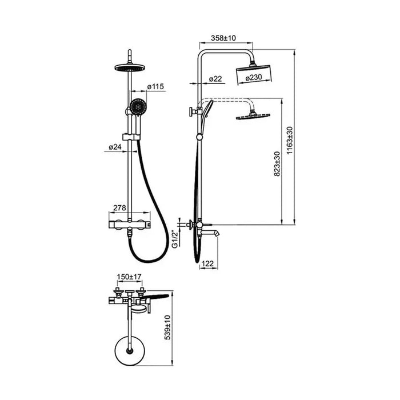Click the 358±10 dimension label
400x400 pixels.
point(223,38)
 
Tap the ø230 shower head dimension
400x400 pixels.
point(254,77)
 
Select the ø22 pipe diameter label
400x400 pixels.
point(215,79)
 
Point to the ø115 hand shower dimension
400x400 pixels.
point(155,87)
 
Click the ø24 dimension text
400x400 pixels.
point(115,147)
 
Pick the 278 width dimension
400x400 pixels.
point(119,208)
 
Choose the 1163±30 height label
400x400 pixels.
point(290,140)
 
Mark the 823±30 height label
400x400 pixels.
point(277,164)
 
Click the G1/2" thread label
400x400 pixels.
point(175,239)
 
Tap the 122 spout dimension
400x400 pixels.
point(207,263)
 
